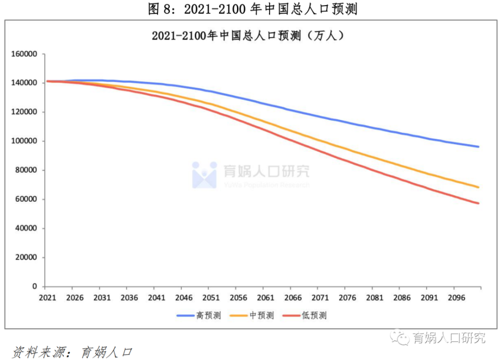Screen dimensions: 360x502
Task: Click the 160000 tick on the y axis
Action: click(x=24, y=54)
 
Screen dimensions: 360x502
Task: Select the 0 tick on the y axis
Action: click(x=35, y=287)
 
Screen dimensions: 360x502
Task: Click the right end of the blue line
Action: click(x=478, y=147)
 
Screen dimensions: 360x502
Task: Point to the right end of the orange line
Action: click(x=478, y=187)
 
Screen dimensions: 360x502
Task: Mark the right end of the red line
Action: click(x=478, y=203)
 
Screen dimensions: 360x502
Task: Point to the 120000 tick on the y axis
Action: click(x=24, y=112)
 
